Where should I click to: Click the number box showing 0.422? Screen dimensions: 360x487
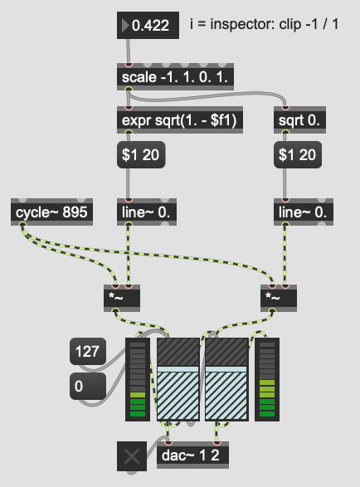[148, 25]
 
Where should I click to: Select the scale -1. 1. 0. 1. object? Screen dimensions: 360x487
[175, 76]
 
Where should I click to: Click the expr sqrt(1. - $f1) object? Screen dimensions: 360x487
[180, 120]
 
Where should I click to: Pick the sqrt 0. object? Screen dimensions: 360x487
[299, 120]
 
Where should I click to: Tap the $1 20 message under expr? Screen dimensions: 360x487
[141, 154]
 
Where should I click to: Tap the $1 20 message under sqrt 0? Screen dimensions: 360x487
[298, 154]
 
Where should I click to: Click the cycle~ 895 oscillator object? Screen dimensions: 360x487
[51, 212]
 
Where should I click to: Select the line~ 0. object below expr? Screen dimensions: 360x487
[147, 212]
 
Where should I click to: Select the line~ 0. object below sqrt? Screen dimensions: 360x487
[304, 212]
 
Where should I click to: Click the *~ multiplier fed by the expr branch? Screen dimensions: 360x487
[122, 298]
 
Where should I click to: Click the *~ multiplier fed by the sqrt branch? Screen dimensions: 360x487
[279, 298]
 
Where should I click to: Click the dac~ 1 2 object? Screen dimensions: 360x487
[193, 455]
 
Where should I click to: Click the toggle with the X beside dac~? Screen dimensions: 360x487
[132, 456]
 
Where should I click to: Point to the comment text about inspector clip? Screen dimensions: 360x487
[265, 24]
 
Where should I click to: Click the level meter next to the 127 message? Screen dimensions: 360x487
[138, 379]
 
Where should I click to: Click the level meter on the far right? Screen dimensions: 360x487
[267, 379]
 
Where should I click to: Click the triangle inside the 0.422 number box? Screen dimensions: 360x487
[125, 25]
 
